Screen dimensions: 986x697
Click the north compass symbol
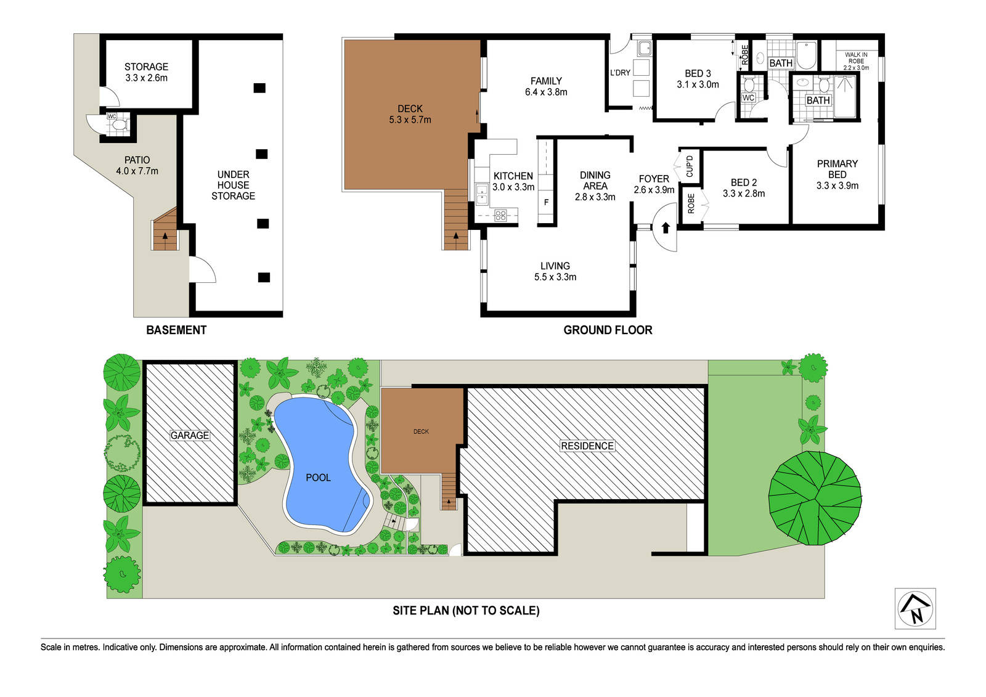pyautogui.click(x=915, y=608)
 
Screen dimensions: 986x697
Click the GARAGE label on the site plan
pyautogui.click(x=190, y=436)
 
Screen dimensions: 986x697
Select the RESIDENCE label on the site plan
pyautogui.click(x=587, y=446)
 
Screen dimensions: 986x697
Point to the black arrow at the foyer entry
pyautogui.click(x=666, y=227)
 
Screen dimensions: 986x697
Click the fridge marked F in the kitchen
pyautogui.click(x=546, y=203)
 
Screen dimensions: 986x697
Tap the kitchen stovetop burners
pyautogui.click(x=500, y=215)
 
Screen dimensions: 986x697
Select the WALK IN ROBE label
pyautogui.click(x=856, y=61)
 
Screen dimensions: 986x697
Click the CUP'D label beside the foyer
pyautogui.click(x=690, y=166)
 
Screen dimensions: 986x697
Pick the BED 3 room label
pyautogui.click(x=698, y=73)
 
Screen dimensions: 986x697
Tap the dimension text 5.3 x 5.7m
pyautogui.click(x=410, y=120)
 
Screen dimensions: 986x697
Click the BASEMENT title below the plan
pyautogui.click(x=176, y=330)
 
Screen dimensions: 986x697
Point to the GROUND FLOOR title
pyautogui.click(x=608, y=330)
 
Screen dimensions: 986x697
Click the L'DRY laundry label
pyautogui.click(x=620, y=73)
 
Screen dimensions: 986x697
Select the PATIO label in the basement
pyautogui.click(x=137, y=160)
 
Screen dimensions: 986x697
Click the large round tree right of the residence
pyautogui.click(x=815, y=498)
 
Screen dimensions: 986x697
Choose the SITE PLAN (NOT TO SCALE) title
pyautogui.click(x=466, y=611)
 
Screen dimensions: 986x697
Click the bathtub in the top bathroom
pyautogui.click(x=806, y=55)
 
